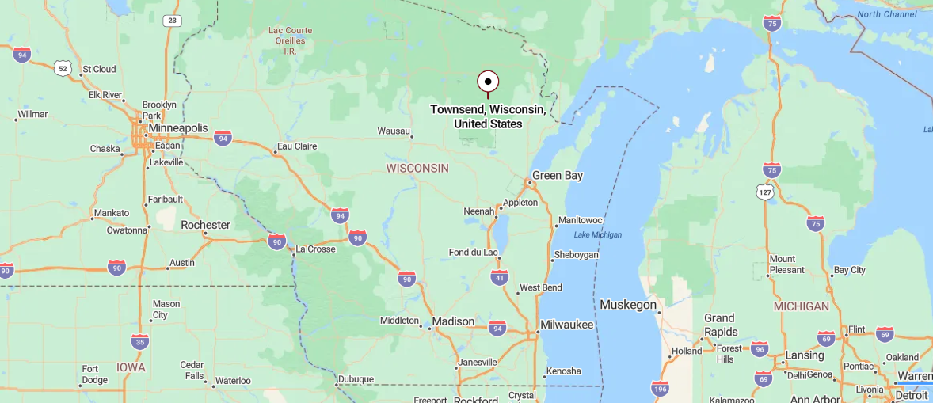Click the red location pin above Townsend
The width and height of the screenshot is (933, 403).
point(488,82)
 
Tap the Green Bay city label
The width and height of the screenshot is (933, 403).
point(558,175)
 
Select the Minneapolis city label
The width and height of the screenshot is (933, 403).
point(177,127)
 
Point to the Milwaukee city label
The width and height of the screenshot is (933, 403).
point(566,325)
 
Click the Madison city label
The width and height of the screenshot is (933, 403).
point(453,321)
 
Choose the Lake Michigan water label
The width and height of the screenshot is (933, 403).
point(598,234)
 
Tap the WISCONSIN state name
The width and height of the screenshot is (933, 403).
point(417,168)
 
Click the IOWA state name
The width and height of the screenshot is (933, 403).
point(131,367)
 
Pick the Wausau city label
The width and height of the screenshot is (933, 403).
point(394,131)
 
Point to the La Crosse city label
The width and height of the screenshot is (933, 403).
point(315,249)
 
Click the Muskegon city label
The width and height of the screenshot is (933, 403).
point(628,305)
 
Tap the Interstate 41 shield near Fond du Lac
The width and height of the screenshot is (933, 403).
point(499,276)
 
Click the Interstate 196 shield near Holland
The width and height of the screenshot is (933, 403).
point(660,388)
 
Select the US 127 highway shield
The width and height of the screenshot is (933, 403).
point(764,192)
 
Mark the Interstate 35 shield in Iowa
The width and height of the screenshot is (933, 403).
point(139,341)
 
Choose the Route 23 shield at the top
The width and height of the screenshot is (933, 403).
point(171,21)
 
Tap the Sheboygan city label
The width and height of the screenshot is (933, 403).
point(576,255)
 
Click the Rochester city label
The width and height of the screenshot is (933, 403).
point(205,225)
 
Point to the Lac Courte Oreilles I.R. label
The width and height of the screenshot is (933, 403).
point(290,40)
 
